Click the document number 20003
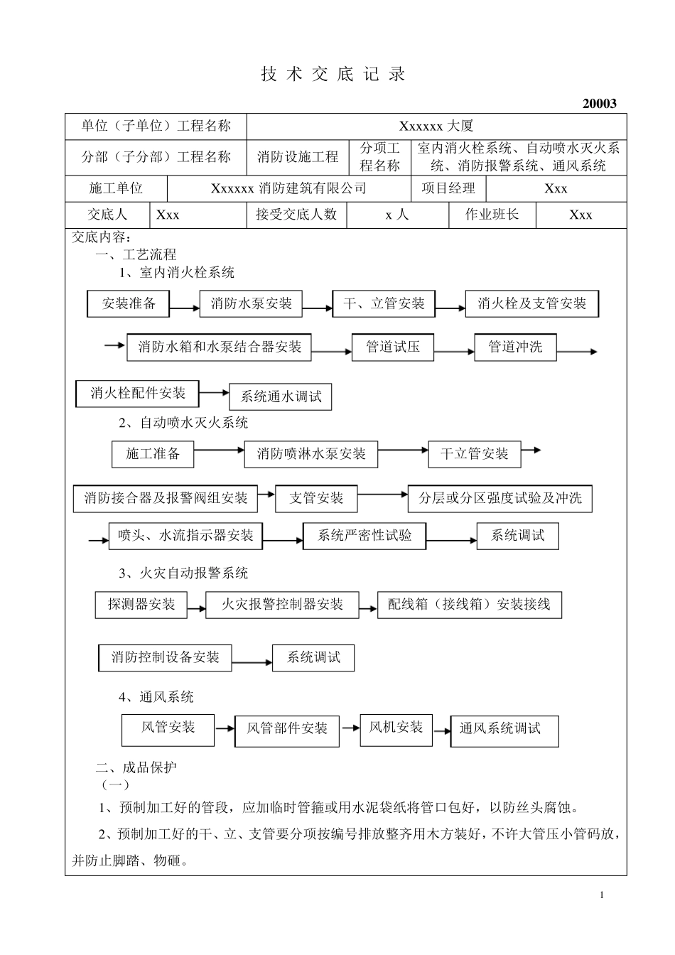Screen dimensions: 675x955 point(599,103)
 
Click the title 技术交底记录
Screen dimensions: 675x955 point(333,75)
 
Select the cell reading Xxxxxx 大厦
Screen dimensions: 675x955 point(436,126)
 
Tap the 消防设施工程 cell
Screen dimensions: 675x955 point(298,157)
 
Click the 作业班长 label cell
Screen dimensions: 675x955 point(492,215)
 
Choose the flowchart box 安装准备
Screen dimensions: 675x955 point(129,303)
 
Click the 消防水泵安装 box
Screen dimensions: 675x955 point(251,303)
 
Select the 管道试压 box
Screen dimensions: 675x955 point(393,347)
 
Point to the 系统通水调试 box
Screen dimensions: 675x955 point(281,396)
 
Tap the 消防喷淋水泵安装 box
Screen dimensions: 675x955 point(311,454)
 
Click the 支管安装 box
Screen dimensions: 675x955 point(316,498)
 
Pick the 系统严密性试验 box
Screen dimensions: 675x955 point(364,536)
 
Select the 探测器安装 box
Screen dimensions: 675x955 point(141,605)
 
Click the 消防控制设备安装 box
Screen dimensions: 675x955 point(165,657)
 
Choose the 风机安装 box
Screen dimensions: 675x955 point(396,728)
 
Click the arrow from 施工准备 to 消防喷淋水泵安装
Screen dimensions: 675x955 point(219,450)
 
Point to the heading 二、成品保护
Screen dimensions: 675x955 point(136,767)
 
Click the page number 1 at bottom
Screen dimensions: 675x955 point(601,895)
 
